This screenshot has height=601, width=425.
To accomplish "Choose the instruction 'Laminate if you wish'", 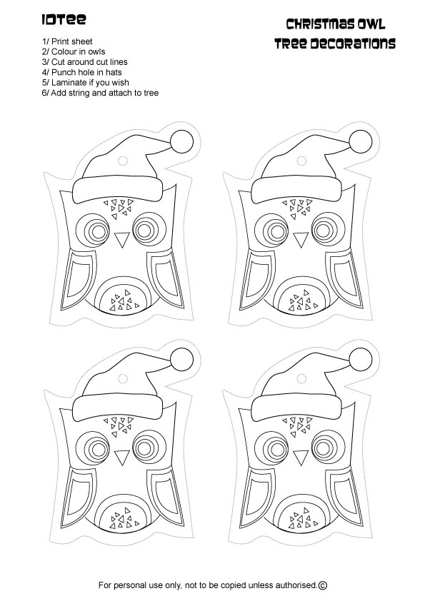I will [86, 82].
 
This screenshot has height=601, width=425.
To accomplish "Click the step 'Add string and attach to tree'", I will [101, 93].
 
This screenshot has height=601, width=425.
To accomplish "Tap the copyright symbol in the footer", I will [322, 585].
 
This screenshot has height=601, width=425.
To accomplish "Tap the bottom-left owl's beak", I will [120, 455].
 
